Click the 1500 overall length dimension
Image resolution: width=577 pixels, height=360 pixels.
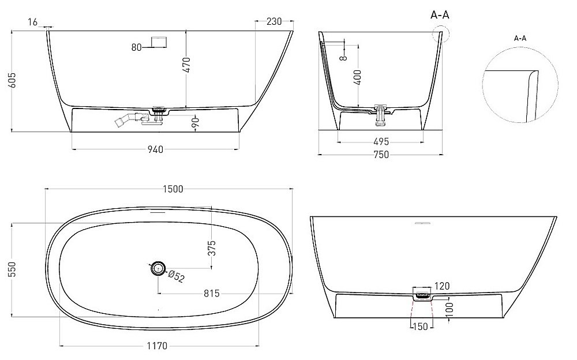[173, 189]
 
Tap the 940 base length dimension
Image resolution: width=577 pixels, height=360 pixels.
[155, 150]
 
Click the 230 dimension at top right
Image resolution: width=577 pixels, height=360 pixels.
[274, 21]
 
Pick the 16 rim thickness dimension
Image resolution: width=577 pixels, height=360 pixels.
[32, 21]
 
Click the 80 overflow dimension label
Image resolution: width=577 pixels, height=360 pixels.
[137, 47]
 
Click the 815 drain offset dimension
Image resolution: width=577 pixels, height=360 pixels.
[211, 293]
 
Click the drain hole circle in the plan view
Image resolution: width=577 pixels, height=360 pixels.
[157, 268]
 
